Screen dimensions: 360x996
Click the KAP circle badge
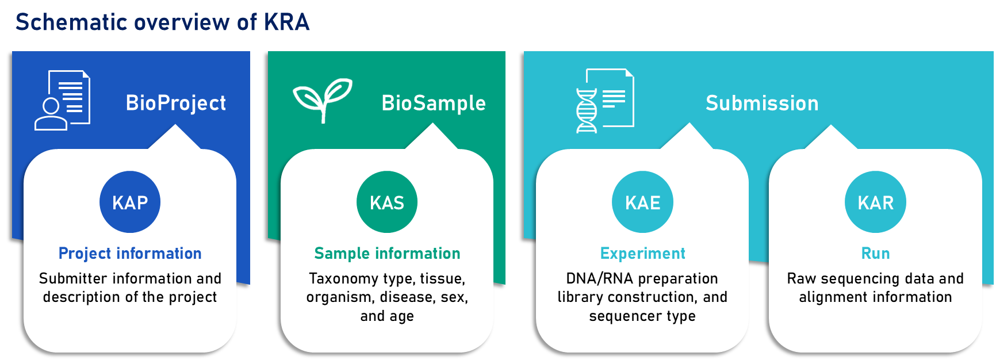click(x=130, y=202)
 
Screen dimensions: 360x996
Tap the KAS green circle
click(x=387, y=202)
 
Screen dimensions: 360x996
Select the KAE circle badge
click(x=642, y=202)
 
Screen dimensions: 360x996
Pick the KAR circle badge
click(x=875, y=202)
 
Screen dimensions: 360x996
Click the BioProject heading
click(x=176, y=103)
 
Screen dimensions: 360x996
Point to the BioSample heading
click(x=434, y=103)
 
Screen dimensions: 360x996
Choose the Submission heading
click(x=762, y=103)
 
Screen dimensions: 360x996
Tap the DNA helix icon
click(x=587, y=110)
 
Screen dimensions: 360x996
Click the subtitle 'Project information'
click(x=130, y=253)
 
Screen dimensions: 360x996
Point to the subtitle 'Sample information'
click(x=387, y=253)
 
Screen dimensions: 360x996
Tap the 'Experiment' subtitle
click(x=642, y=253)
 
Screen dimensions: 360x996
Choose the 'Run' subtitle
click(x=875, y=253)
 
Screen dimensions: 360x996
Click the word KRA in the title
click(x=286, y=22)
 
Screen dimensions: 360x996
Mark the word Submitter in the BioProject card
click(x=73, y=279)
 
